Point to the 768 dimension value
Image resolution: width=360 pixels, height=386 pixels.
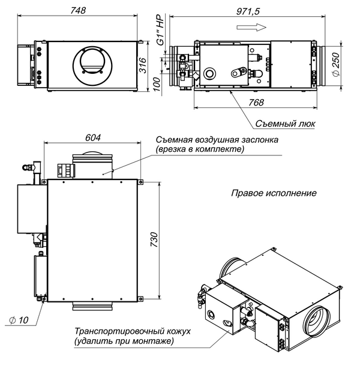click(256, 103)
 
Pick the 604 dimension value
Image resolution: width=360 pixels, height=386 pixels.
click(93, 137)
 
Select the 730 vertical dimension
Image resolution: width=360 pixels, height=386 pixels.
click(154, 240)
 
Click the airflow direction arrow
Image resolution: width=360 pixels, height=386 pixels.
click(259, 26)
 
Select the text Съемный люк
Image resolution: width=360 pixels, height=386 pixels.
click(285, 124)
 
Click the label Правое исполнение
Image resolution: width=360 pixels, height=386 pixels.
click(273, 193)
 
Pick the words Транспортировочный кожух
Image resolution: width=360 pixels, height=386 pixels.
click(127, 331)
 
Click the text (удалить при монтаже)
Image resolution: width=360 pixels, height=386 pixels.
click(124, 342)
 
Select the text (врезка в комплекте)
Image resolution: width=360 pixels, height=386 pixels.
click(200, 149)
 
